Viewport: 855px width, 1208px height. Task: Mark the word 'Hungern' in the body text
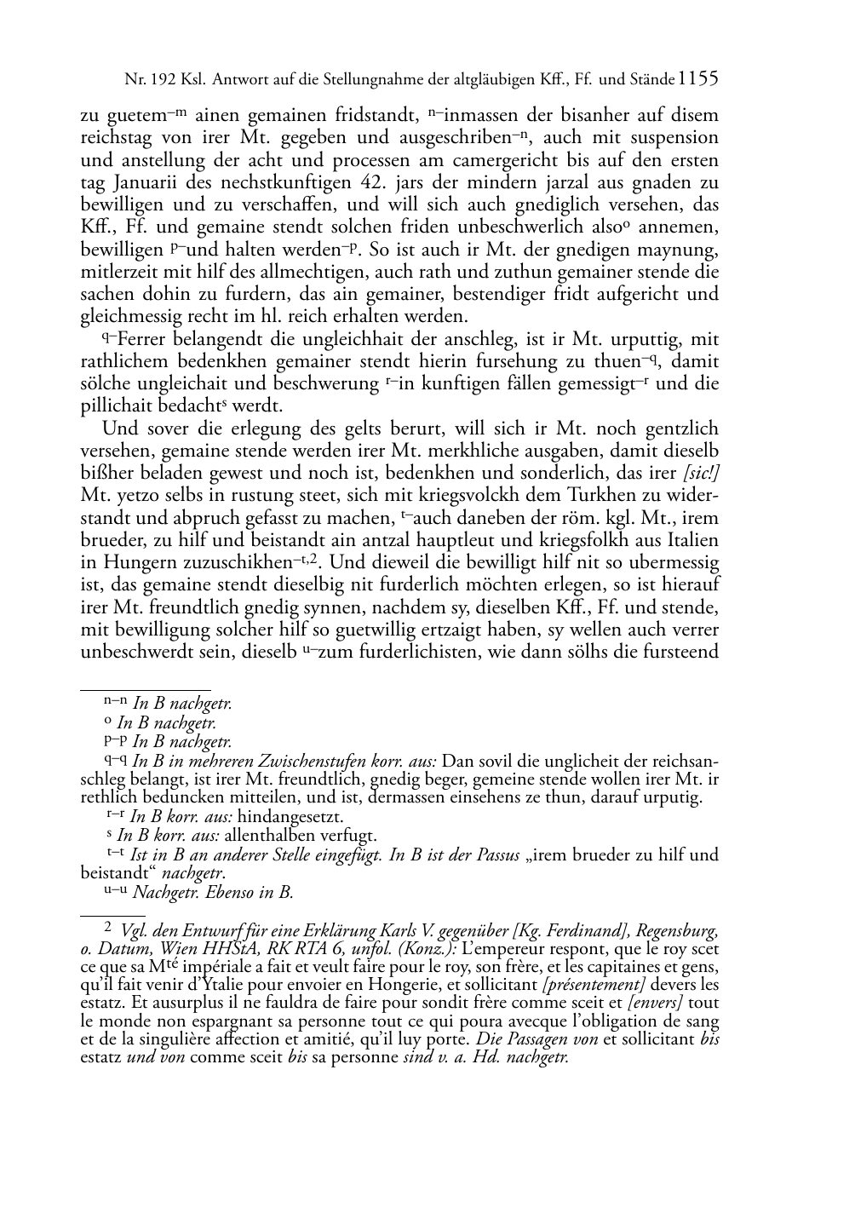(x=141, y=562)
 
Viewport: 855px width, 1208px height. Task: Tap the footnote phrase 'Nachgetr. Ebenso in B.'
(x=213, y=893)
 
